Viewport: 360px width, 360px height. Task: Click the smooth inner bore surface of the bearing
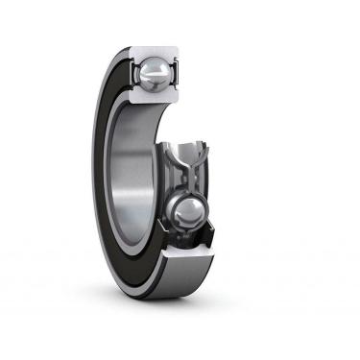point(134,182)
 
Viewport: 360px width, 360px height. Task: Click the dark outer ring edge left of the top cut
point(115,67)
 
